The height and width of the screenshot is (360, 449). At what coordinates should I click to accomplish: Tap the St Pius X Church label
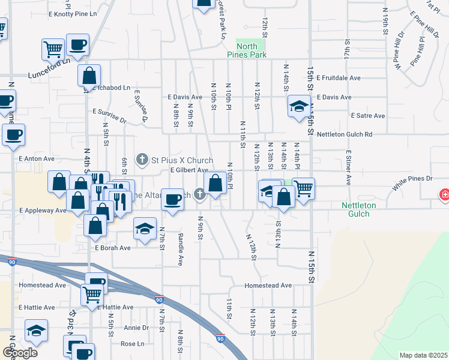pyautogui.click(x=182, y=160)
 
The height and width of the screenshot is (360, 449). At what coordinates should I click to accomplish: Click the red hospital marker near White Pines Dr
pyautogui.click(x=445, y=194)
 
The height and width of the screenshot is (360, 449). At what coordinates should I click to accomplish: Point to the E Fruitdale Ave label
pyautogui.click(x=339, y=78)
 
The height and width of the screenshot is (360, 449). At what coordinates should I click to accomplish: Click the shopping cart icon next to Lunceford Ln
pyautogui.click(x=53, y=49)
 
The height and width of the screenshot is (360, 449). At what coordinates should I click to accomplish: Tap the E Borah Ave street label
pyautogui.click(x=112, y=248)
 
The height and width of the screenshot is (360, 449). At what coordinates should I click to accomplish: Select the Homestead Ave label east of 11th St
pyautogui.click(x=268, y=286)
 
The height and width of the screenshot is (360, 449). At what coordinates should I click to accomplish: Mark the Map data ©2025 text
pyautogui.click(x=423, y=355)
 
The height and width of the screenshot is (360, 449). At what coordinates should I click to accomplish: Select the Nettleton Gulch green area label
pyautogui.click(x=358, y=209)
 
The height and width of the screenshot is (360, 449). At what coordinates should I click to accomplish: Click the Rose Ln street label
pyautogui.click(x=133, y=344)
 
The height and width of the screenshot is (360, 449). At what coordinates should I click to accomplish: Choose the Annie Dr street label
pyautogui.click(x=136, y=328)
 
